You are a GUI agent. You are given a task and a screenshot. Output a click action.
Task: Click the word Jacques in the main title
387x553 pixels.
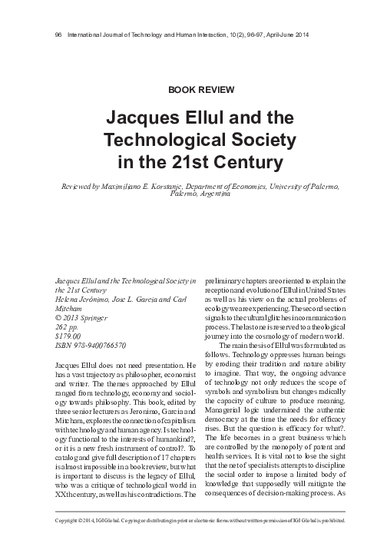[147, 119]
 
